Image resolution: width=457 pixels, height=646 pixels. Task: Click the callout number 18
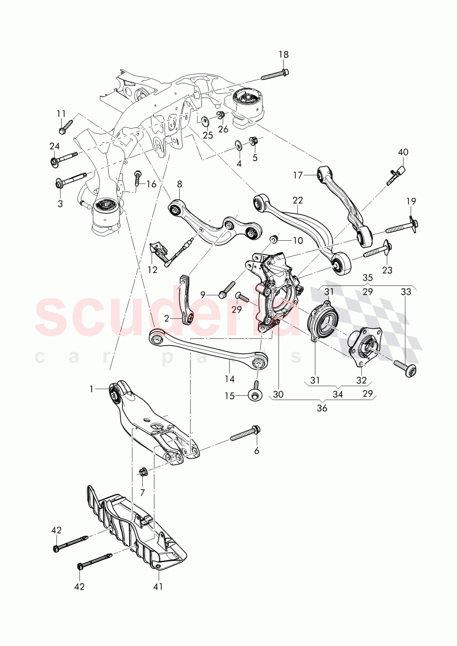click(x=284, y=55)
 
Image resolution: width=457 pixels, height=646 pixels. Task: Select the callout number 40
click(x=403, y=152)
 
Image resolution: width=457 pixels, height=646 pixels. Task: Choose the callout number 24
click(x=54, y=146)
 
